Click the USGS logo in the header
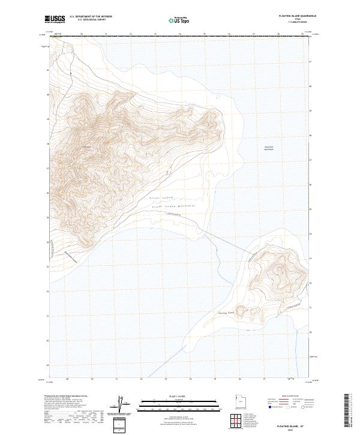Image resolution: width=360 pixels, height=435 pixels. [55, 19]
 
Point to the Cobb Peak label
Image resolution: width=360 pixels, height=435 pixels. [85, 148]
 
